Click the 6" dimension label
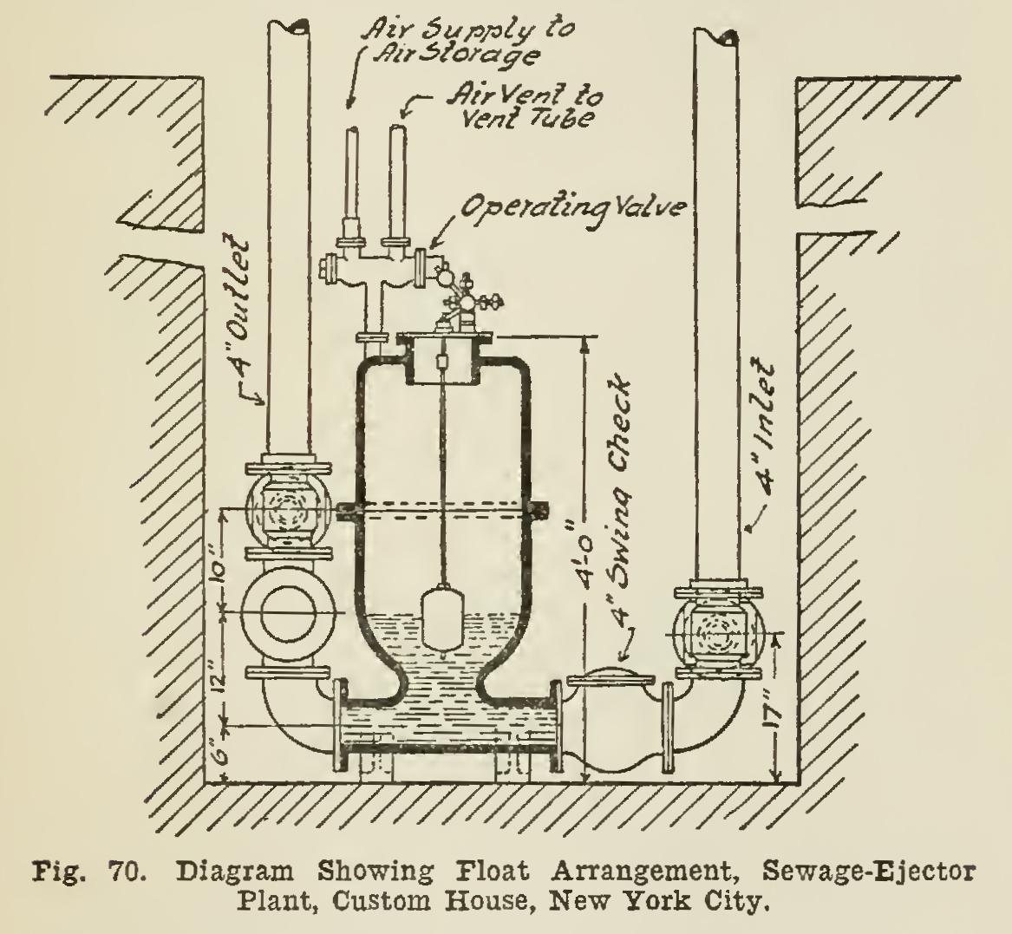217,744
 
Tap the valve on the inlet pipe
716,630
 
